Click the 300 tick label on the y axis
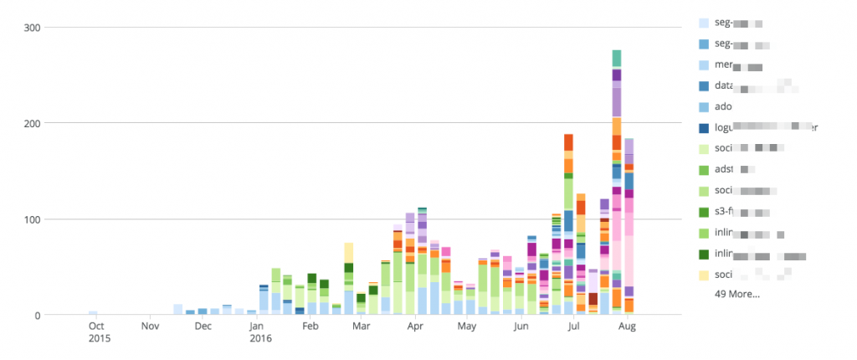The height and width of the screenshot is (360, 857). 30,28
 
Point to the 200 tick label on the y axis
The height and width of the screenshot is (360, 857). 30,123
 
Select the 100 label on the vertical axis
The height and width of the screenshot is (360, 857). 30,219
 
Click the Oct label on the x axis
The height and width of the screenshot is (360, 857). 96,327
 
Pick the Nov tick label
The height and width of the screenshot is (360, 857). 149,327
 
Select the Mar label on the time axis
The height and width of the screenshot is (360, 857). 362,327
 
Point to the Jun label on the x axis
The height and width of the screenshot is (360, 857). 521,327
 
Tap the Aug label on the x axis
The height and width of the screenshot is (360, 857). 626,327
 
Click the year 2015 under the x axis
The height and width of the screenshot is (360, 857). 99,339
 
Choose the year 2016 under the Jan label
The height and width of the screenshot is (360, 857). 262,339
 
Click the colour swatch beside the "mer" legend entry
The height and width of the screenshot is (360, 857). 704,64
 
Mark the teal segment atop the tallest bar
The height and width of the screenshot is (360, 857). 617,58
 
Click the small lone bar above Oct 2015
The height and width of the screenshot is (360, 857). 93,313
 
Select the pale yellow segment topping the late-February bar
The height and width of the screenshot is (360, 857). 349,253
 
